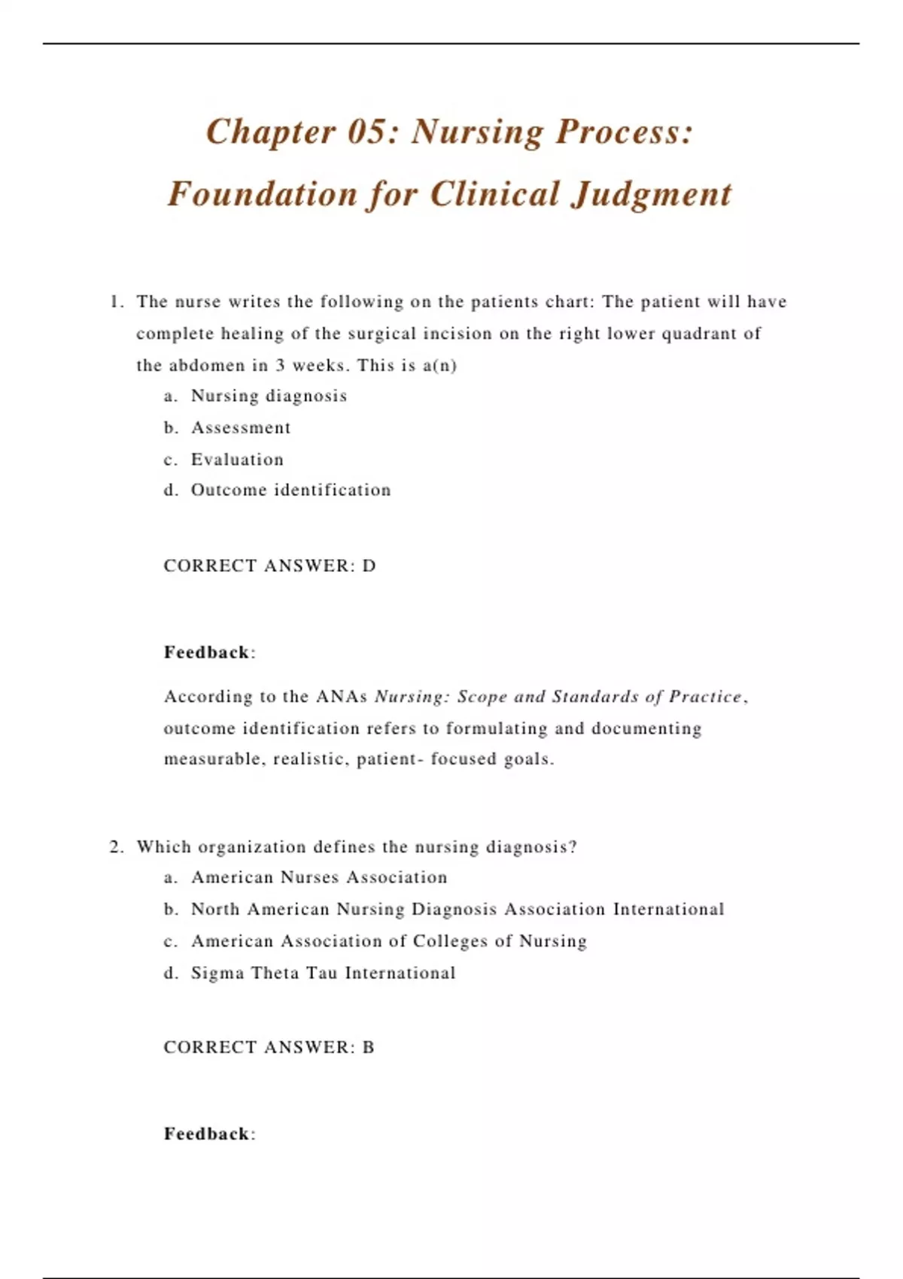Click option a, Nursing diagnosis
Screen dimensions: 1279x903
tap(269, 396)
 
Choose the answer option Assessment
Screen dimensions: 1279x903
tap(240, 428)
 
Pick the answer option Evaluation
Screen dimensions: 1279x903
tap(237, 460)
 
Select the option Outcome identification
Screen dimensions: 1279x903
tap(290, 491)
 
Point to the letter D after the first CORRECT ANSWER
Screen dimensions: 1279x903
tap(369, 567)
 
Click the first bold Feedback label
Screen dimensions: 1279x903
tap(207, 653)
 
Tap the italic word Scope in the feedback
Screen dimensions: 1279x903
tap(482, 697)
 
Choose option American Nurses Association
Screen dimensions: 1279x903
tap(319, 878)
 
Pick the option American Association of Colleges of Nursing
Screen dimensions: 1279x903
tap(388, 942)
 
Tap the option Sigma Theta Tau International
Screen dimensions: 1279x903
tap(323, 974)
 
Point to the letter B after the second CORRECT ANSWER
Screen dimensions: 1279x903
tap(368, 1048)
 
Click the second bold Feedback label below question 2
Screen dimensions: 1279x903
tap(207, 1135)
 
